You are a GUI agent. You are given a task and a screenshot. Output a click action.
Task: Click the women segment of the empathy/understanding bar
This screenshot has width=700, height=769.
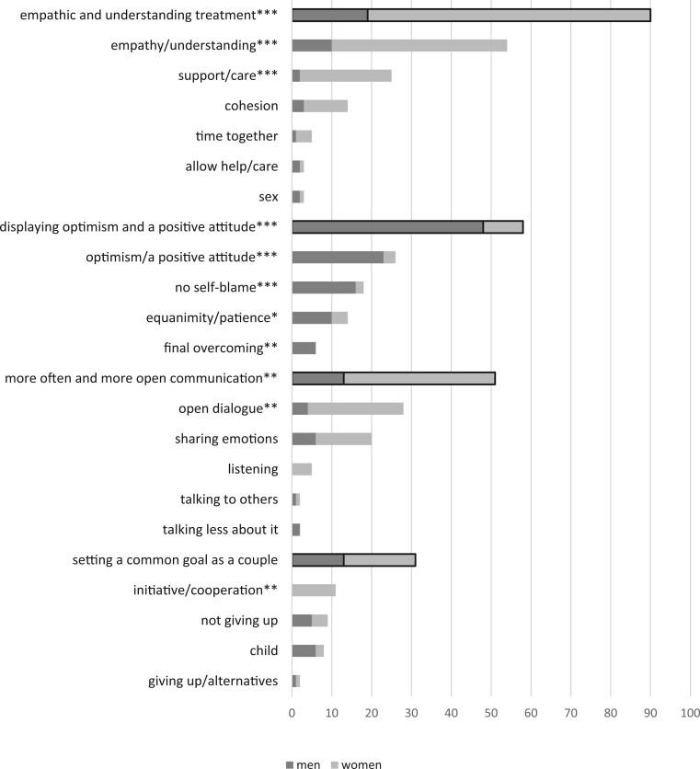pyautogui.click(x=419, y=45)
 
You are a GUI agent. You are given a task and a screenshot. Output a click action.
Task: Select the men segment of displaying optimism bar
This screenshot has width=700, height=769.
pyautogui.click(x=387, y=226)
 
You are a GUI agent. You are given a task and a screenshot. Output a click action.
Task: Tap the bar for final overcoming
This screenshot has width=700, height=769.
pyautogui.click(x=304, y=348)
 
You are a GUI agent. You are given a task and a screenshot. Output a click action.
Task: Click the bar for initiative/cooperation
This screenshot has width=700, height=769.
pyautogui.click(x=314, y=590)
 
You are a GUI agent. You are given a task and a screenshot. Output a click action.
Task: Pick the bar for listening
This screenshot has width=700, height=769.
pyautogui.click(x=302, y=469)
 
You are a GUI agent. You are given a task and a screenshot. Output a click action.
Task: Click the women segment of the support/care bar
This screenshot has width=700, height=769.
pyautogui.click(x=345, y=75)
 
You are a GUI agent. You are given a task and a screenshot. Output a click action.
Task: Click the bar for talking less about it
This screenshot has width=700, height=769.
pyautogui.click(x=296, y=529)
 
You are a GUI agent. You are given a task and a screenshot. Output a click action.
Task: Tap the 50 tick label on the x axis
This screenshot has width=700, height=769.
pyautogui.click(x=490, y=713)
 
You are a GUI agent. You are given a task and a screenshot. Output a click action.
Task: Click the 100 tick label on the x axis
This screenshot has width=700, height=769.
pyautogui.click(x=689, y=713)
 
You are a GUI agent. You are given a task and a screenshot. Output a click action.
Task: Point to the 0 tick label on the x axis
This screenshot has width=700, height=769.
pyautogui.click(x=292, y=713)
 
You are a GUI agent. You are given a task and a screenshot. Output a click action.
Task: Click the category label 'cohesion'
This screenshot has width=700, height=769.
pyautogui.click(x=251, y=106)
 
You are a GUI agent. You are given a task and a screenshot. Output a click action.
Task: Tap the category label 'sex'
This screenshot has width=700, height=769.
pyautogui.click(x=269, y=197)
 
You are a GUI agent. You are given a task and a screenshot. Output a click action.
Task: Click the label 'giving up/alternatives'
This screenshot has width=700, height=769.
pyautogui.click(x=212, y=681)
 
